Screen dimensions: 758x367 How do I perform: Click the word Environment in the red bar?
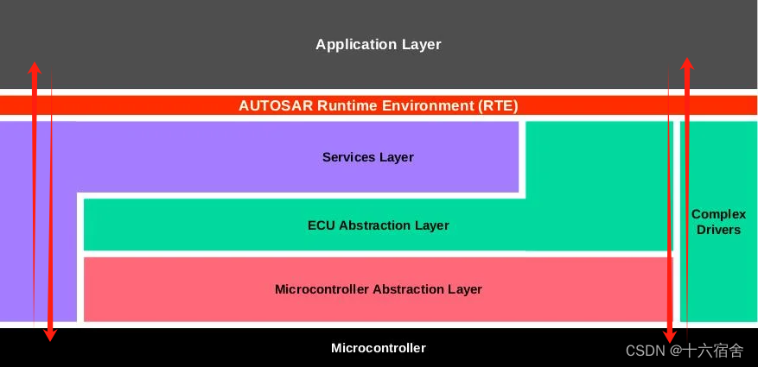tap(425, 106)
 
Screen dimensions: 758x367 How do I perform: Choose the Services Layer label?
tap(367, 157)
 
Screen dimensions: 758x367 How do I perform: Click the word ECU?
tap(322, 225)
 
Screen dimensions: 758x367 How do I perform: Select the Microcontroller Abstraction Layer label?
tap(378, 289)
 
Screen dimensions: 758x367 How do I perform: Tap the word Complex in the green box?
tap(718, 214)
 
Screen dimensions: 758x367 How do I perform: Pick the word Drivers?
tap(718, 230)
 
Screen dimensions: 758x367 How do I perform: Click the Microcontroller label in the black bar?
tap(378, 348)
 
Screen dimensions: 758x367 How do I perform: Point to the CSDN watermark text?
tap(645, 351)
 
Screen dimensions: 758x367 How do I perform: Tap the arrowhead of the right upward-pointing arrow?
tap(686, 64)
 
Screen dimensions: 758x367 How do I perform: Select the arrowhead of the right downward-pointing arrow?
tap(668, 335)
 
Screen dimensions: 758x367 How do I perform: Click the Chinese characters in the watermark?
tap(713, 351)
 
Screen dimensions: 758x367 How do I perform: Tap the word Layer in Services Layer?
tap(396, 157)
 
